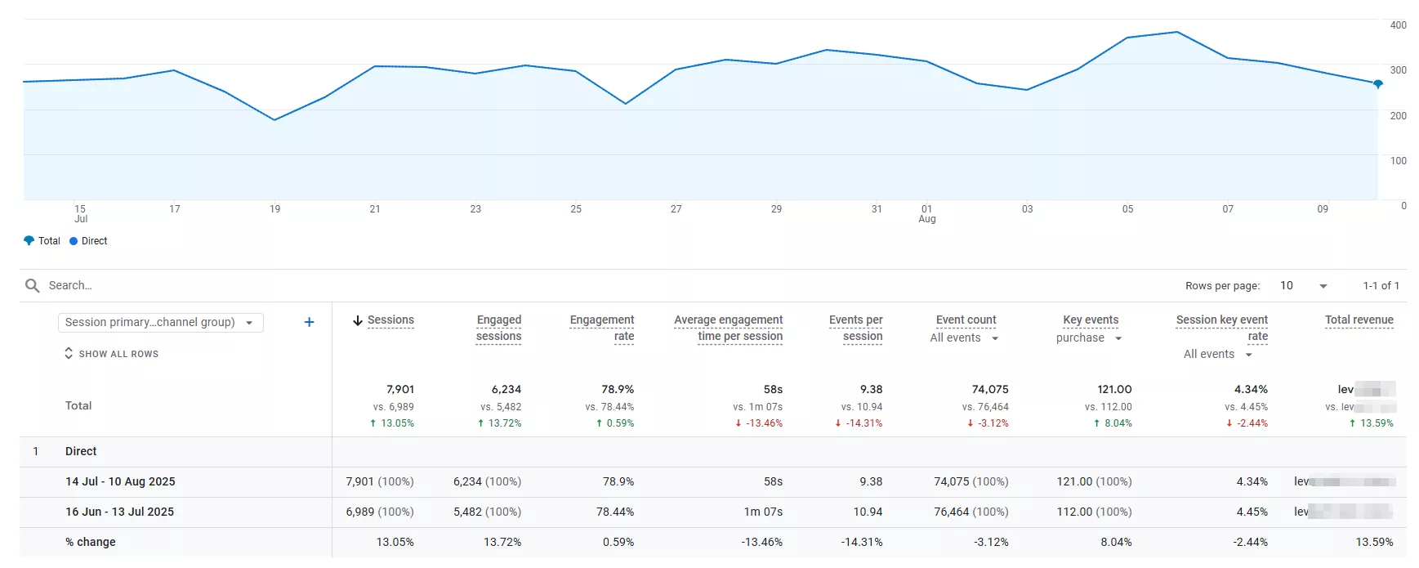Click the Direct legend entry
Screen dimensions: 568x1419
(x=88, y=241)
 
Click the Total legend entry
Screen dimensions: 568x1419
(x=42, y=241)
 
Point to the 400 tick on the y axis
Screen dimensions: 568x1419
(x=1398, y=25)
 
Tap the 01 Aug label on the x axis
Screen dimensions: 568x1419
(x=926, y=213)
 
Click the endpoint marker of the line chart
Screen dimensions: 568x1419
(x=1377, y=84)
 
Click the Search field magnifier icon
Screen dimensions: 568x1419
(x=33, y=285)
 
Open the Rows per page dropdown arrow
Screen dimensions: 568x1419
(x=1323, y=286)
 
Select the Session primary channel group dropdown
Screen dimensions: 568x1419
(x=160, y=322)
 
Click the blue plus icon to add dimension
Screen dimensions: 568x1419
(x=309, y=322)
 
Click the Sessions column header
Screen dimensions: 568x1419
(x=390, y=320)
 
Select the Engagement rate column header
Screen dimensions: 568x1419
(x=602, y=328)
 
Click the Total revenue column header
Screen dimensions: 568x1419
(x=1359, y=320)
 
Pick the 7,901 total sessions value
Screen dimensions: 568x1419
(x=400, y=389)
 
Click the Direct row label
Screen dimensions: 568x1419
(x=81, y=451)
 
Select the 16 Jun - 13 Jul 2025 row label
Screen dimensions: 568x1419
(x=119, y=512)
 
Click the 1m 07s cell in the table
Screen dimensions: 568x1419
(x=762, y=512)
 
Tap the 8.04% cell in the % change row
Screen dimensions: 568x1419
(x=1115, y=542)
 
